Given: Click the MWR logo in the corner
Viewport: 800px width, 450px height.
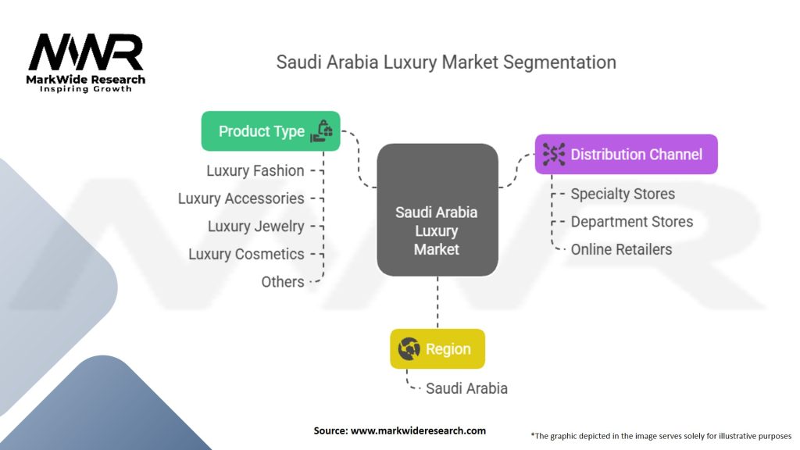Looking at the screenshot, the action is pyautogui.click(x=86, y=53).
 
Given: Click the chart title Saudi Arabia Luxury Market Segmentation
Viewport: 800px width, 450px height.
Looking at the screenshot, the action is pyautogui.click(x=445, y=62).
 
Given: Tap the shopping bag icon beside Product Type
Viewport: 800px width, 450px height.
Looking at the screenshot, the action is pyautogui.click(x=322, y=131).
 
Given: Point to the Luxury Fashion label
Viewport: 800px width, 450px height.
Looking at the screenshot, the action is pyautogui.click(x=255, y=170).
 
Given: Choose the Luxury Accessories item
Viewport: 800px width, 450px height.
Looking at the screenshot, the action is pyautogui.click(x=241, y=198).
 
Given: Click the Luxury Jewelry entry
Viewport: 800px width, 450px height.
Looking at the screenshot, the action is pyautogui.click(x=255, y=227).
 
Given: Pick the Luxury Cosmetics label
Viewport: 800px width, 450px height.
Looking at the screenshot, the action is pyautogui.click(x=246, y=254).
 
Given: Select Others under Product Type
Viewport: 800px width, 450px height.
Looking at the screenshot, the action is pyautogui.click(x=282, y=282).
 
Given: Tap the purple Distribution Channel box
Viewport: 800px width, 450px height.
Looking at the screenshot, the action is pyautogui.click(x=626, y=155).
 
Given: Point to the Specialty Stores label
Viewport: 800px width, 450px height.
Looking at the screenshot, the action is pyautogui.click(x=622, y=194).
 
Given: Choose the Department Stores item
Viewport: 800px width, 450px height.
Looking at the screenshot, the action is pyautogui.click(x=631, y=222).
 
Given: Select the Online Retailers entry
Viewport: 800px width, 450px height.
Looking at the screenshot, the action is pyautogui.click(x=620, y=250).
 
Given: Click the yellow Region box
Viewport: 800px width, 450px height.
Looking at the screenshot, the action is pyautogui.click(x=437, y=349).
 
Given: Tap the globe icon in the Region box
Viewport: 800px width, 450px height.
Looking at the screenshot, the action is pyautogui.click(x=409, y=349).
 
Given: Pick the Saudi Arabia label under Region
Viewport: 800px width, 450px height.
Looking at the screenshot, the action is pyautogui.click(x=466, y=388).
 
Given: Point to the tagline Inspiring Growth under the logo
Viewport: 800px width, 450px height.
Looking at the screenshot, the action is pyautogui.click(x=86, y=89).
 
